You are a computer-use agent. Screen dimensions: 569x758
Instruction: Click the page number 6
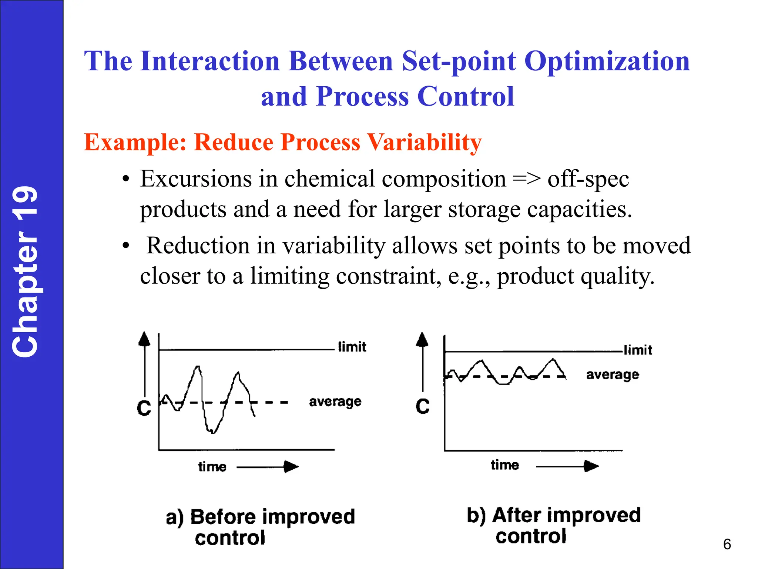pyautogui.click(x=727, y=544)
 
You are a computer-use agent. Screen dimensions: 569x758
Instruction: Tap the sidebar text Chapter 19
pyautogui.click(x=25, y=272)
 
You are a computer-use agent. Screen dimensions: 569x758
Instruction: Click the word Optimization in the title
pyautogui.click(x=607, y=61)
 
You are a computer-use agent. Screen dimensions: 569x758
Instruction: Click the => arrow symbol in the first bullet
pyautogui.click(x=526, y=179)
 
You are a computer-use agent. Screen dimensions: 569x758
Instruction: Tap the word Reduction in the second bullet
pyautogui.click(x=198, y=246)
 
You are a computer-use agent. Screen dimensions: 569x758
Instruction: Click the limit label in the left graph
pyautogui.click(x=352, y=347)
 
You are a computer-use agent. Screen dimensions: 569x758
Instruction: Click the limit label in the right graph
pyautogui.click(x=638, y=350)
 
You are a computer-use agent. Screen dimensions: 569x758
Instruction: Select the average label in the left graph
pyautogui.click(x=335, y=402)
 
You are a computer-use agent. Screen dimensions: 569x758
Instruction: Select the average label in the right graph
pyautogui.click(x=613, y=375)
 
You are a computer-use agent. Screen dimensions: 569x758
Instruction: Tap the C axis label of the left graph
pyautogui.click(x=144, y=408)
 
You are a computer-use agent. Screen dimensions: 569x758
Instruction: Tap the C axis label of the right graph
pyautogui.click(x=422, y=406)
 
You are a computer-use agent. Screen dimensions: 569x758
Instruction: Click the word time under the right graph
pyautogui.click(x=505, y=465)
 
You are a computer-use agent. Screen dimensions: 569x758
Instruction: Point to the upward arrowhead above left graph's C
pyautogui.click(x=144, y=339)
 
